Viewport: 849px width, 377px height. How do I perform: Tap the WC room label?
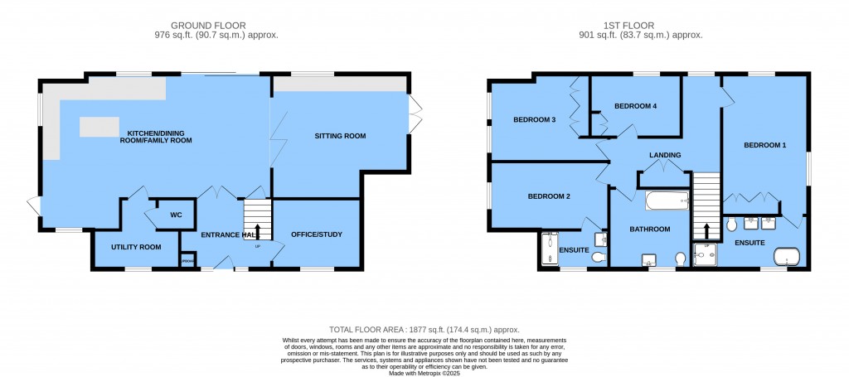[x=175, y=215]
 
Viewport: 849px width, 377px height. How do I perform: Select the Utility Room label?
[x=136, y=247]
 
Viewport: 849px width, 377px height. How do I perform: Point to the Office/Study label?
[x=316, y=234]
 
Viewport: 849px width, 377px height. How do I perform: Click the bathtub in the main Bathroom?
[x=667, y=201]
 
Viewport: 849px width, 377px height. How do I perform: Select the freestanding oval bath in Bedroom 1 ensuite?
[x=784, y=256]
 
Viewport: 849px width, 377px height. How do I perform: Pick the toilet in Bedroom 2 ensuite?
[x=599, y=259]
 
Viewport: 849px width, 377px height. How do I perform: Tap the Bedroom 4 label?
[x=635, y=107]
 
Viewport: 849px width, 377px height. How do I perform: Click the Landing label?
[x=665, y=155]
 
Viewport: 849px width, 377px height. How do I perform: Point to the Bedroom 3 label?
[x=534, y=120]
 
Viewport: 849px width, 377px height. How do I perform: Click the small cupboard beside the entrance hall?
[x=187, y=262]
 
